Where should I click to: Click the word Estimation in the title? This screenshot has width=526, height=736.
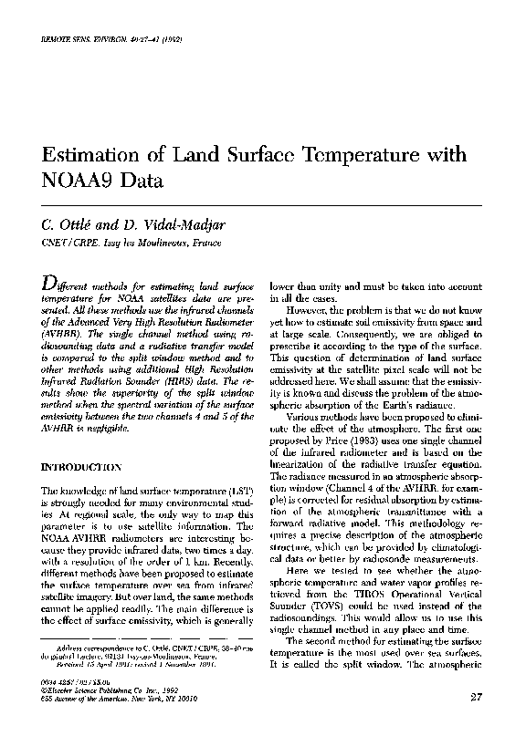(x=88, y=157)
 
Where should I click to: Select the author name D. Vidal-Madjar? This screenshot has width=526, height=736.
(x=159, y=224)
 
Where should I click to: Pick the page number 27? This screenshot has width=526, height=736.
(x=475, y=699)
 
